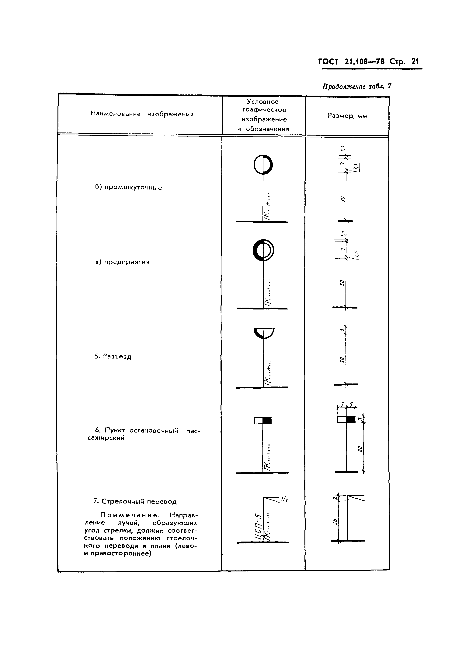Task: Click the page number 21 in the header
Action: [415, 62]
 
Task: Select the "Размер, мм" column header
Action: [347, 116]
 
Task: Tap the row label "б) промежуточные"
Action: [129, 187]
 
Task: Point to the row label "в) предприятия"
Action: [122, 262]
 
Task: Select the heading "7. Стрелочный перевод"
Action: [135, 501]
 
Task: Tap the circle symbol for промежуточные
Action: [263, 165]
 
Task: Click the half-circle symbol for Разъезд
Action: [264, 333]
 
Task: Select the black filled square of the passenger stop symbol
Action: [267, 420]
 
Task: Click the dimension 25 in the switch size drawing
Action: [335, 521]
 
